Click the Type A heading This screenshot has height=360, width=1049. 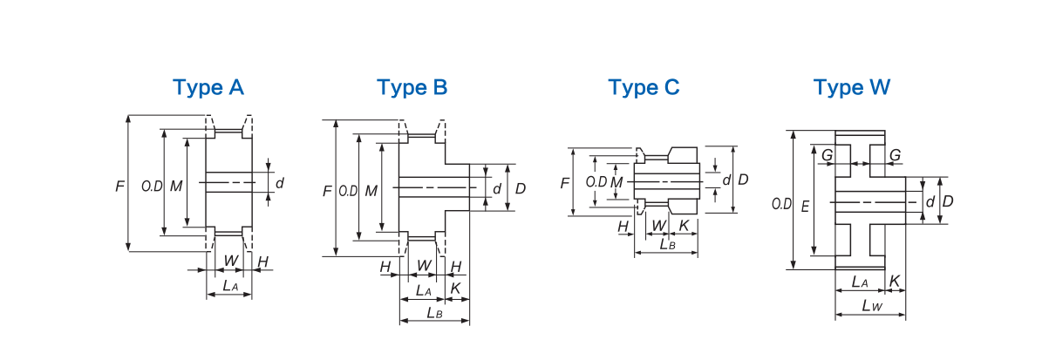pyautogui.click(x=208, y=88)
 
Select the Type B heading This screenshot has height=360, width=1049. pyautogui.click(x=412, y=88)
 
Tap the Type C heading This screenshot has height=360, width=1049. pyautogui.click(x=644, y=88)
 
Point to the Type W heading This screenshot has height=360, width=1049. pyautogui.click(x=852, y=88)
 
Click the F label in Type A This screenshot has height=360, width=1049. pyautogui.click(x=119, y=187)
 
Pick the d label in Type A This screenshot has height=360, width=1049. pyautogui.click(x=280, y=183)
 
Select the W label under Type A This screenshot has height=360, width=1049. pyautogui.click(x=231, y=261)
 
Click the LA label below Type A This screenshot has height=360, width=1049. pyautogui.click(x=230, y=285)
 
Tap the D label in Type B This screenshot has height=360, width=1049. pyautogui.click(x=521, y=188)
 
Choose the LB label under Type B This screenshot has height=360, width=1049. pyautogui.click(x=434, y=313)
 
